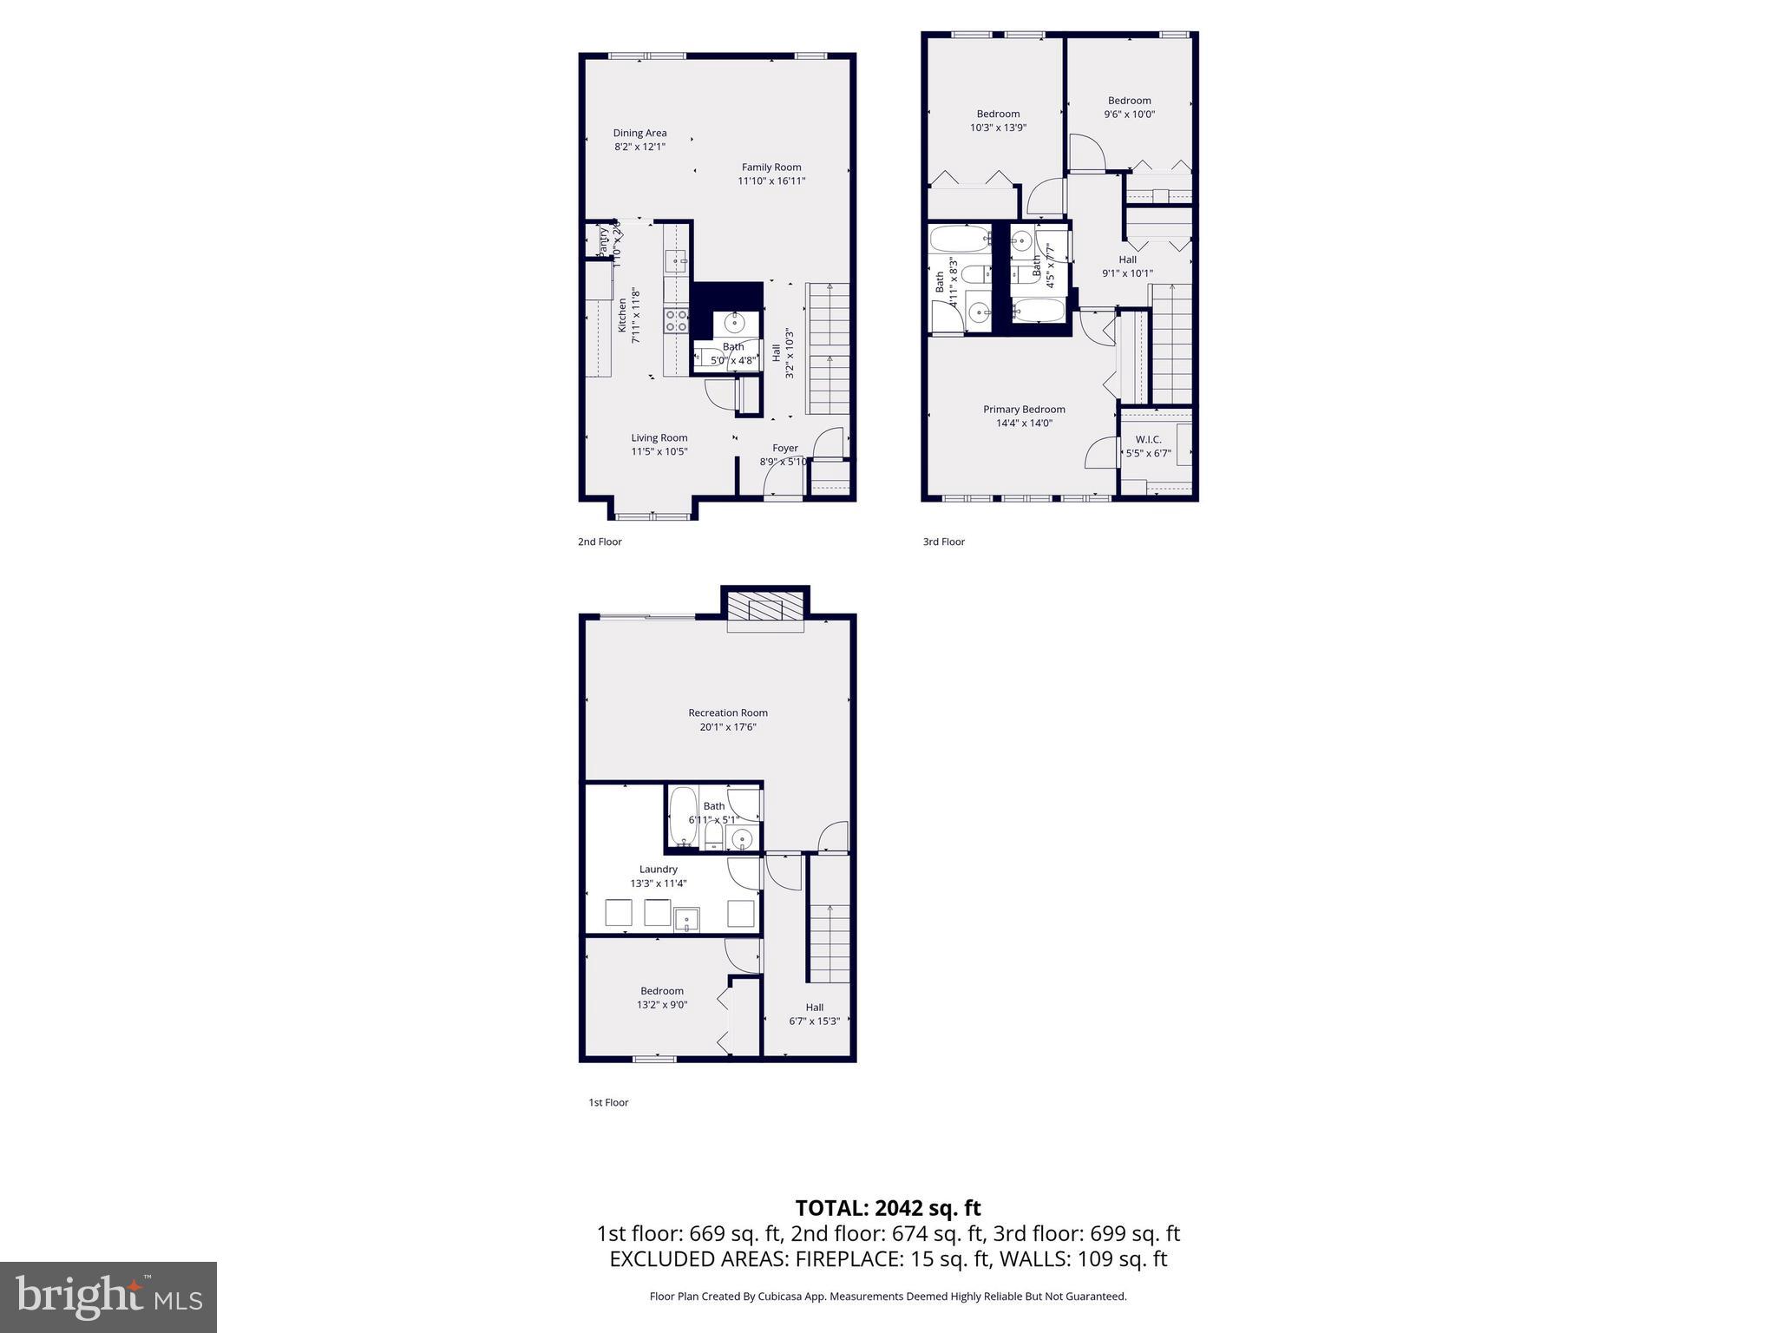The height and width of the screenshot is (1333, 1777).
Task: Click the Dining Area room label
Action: [x=639, y=133]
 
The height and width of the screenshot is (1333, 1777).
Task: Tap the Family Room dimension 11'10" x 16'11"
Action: [x=771, y=181]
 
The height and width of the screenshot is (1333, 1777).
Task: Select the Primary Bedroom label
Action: [x=1024, y=410]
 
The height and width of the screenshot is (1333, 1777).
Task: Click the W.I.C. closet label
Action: [x=1148, y=440]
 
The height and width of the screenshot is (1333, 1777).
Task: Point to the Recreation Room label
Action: [x=728, y=713]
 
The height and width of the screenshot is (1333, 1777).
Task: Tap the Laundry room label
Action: [x=658, y=870]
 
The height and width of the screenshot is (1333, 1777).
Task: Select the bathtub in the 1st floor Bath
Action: [x=683, y=816]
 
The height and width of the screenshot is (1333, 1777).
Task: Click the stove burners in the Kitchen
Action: [x=676, y=321]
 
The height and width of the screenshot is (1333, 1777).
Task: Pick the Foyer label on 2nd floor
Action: [x=785, y=449]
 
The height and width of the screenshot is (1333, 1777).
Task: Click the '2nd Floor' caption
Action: [x=600, y=542]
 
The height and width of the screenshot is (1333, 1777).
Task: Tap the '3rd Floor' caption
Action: [x=943, y=542]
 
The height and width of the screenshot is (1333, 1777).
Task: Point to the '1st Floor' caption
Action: [x=608, y=1102]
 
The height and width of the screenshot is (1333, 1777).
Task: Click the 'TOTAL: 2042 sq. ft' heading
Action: [x=888, y=1208]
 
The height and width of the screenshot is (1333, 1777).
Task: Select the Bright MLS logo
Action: [x=108, y=1297]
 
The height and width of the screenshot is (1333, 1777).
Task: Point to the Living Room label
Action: [x=659, y=438]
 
